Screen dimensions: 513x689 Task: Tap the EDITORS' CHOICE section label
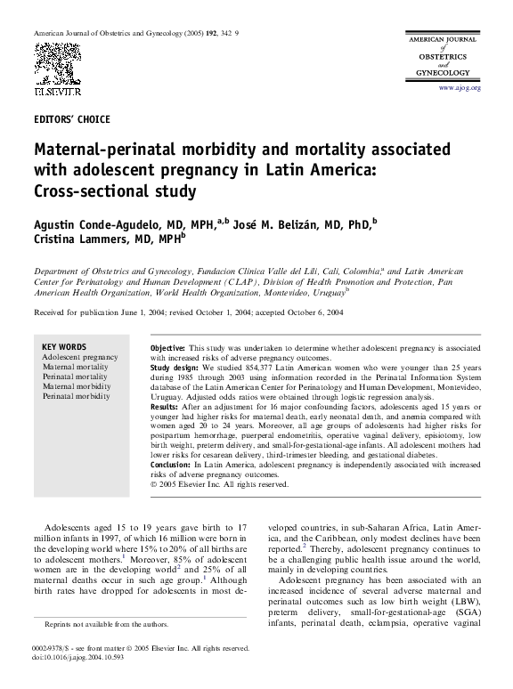pos(71,118)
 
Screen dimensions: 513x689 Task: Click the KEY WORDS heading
pos(65,346)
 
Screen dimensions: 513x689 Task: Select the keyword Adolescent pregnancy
pos(79,357)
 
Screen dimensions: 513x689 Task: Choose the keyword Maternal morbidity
pos(76,386)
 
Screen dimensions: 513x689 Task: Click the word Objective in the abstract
pos(167,345)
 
